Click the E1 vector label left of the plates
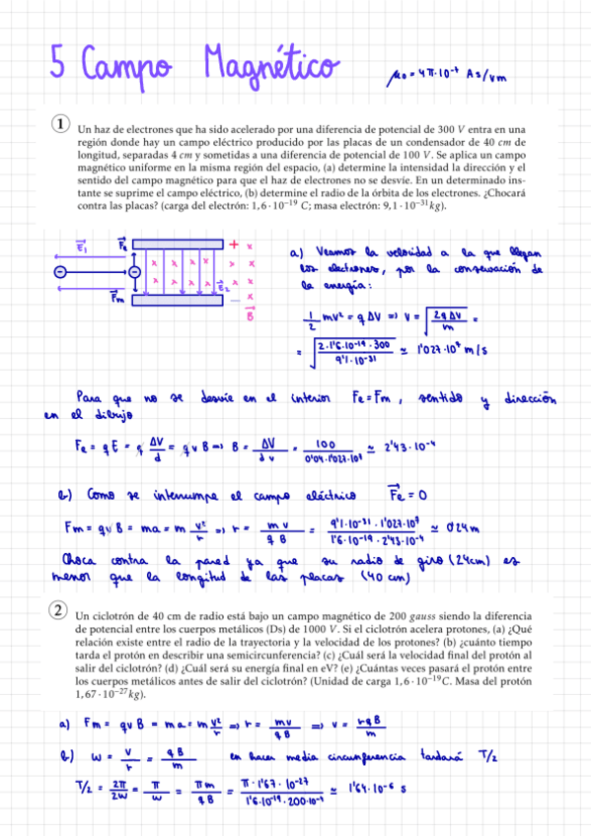point(80,219)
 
